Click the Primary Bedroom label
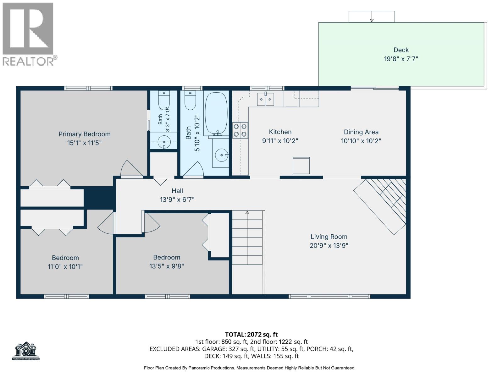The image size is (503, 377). point(84,134)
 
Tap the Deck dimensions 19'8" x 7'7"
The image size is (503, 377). point(401,59)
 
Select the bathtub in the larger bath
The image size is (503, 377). point(216,113)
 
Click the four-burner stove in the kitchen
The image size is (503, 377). point(240,130)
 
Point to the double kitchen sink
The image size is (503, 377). point(265,99)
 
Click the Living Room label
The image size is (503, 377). point(329,237)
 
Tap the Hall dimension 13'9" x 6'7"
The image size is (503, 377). point(177,199)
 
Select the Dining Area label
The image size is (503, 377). point(361,132)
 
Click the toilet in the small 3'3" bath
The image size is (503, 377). point(164,101)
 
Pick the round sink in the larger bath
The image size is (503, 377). point(222,155)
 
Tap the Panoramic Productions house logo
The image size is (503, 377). point(26,351)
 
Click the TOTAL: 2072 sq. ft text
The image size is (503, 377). point(251,334)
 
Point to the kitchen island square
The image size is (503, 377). point(301,165)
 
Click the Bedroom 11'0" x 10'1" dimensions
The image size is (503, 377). point(65,267)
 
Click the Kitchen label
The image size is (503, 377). point(280,132)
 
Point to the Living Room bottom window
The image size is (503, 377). point(329,297)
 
